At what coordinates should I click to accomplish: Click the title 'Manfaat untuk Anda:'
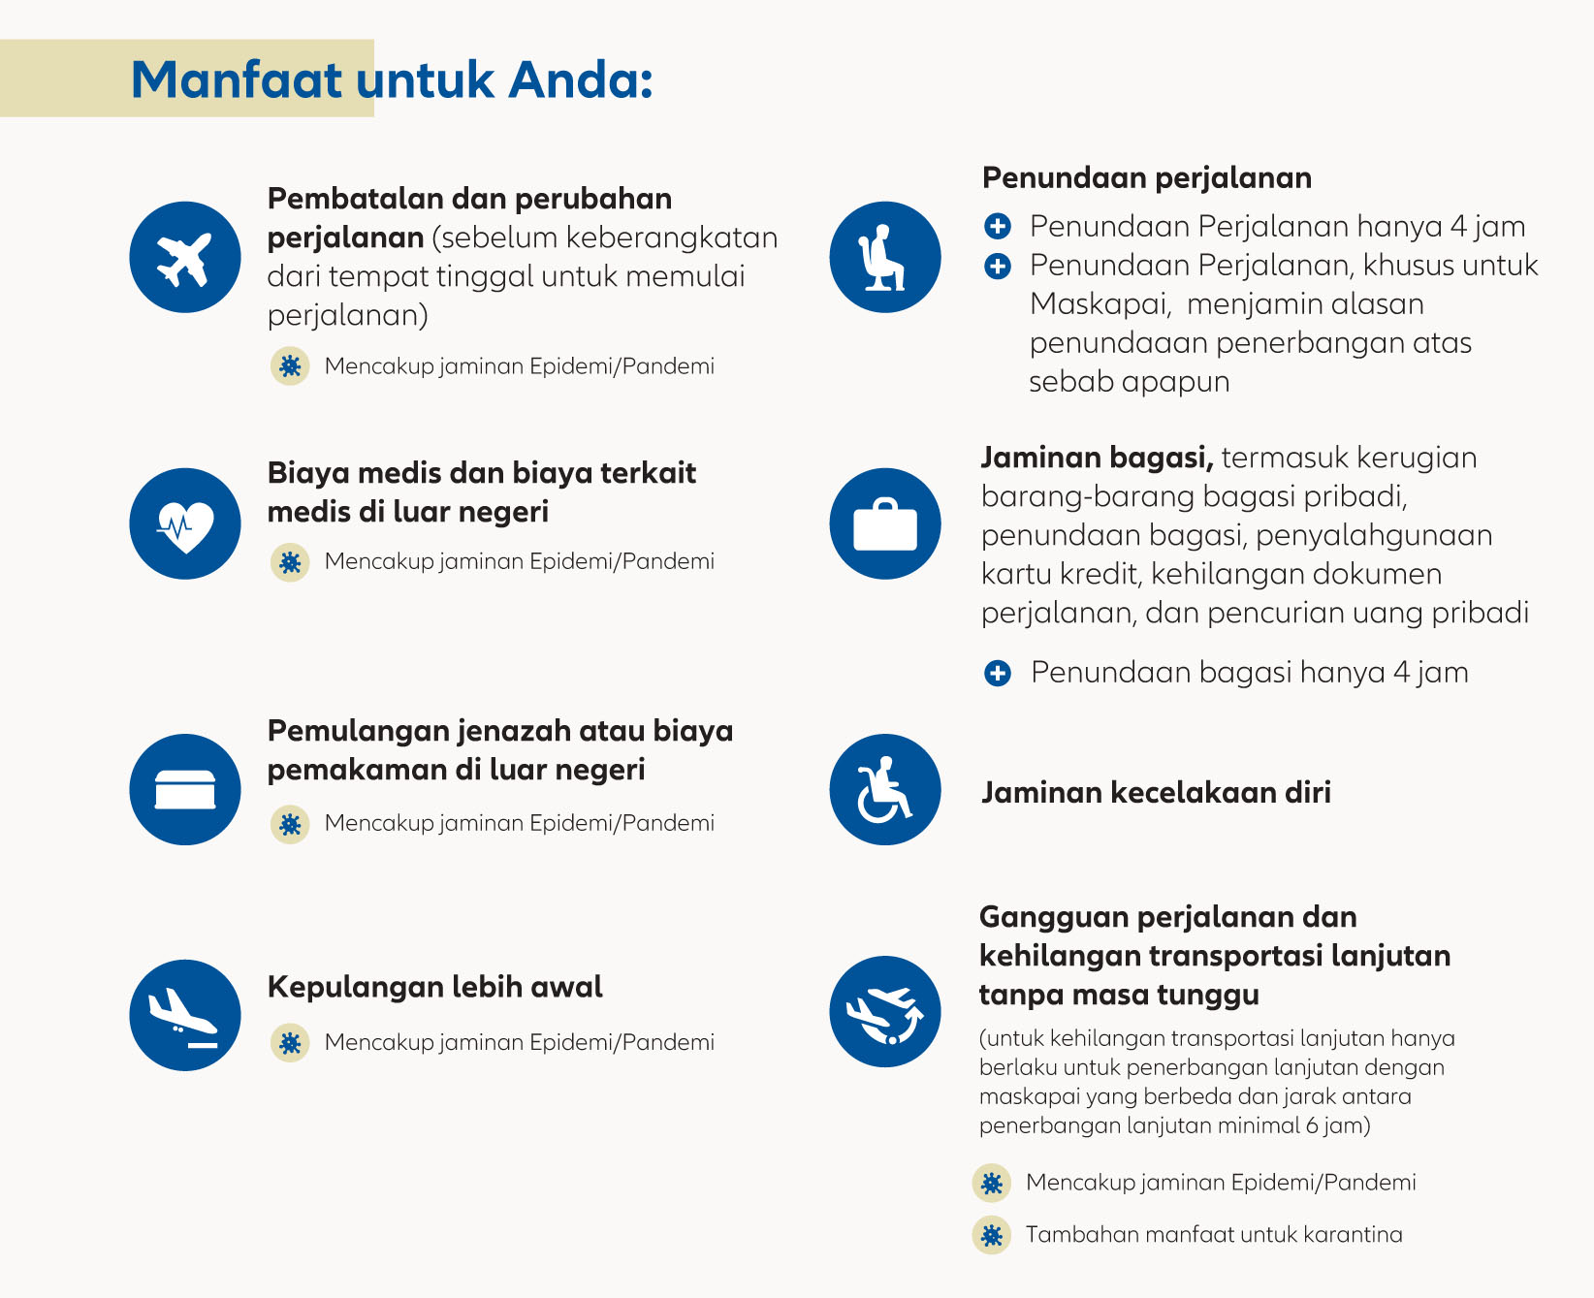(x=391, y=79)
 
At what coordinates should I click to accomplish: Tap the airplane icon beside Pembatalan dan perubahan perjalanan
(x=185, y=257)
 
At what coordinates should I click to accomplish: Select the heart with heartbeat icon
(x=185, y=523)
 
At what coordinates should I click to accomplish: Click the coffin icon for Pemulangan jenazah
(x=185, y=789)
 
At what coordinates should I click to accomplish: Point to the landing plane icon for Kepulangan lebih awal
(x=185, y=1015)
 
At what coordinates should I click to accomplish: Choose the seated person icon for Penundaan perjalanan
(x=885, y=257)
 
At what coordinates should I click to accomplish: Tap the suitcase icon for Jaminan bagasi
(x=885, y=523)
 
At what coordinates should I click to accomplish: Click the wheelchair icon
(x=885, y=789)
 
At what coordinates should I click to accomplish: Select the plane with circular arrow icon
(x=885, y=1012)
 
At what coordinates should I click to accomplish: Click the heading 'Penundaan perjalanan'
(x=1147, y=178)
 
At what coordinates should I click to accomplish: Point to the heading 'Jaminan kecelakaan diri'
(x=1156, y=793)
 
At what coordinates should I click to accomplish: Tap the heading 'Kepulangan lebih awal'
(x=434, y=988)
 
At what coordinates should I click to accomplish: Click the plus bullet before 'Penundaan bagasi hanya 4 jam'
(x=998, y=673)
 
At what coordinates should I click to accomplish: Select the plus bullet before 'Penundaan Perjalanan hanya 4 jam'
(x=998, y=227)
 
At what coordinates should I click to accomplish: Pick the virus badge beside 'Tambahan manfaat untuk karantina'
(x=991, y=1235)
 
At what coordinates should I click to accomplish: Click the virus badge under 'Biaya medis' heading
(x=290, y=562)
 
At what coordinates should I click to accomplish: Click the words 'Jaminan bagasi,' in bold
(x=1097, y=458)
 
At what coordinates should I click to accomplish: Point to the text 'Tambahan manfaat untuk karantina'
(x=1214, y=1235)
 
